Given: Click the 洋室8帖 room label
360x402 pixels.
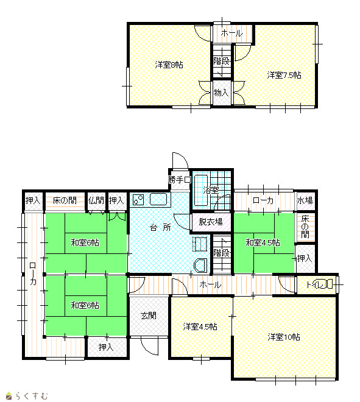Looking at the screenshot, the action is (x=169, y=65).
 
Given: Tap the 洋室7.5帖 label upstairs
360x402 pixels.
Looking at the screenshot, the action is (x=284, y=75).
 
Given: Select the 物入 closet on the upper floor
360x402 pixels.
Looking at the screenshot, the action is (x=222, y=93).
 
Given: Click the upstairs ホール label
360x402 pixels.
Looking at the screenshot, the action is (x=231, y=33).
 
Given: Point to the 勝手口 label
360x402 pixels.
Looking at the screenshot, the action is (x=180, y=180).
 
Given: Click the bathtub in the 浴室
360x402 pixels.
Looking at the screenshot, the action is (x=201, y=190).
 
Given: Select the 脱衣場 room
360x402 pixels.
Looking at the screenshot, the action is (x=211, y=222).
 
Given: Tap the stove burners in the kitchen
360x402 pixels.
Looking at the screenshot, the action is (x=138, y=200).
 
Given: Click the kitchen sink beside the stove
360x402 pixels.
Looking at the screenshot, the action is (x=158, y=199).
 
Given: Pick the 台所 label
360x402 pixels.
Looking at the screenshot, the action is (x=160, y=227).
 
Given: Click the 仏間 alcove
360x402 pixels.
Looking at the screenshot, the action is (x=96, y=201).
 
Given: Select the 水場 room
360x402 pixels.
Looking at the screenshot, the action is (x=305, y=200).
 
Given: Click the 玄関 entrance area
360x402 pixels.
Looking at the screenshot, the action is (x=149, y=316).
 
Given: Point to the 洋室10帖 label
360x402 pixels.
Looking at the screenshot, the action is (x=284, y=337).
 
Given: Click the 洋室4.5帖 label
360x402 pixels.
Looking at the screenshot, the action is (x=200, y=326).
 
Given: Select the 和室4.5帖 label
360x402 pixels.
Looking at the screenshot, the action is (x=263, y=242).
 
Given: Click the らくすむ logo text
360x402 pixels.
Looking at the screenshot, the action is (x=32, y=395).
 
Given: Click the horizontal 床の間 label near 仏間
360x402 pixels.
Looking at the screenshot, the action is (x=65, y=200).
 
